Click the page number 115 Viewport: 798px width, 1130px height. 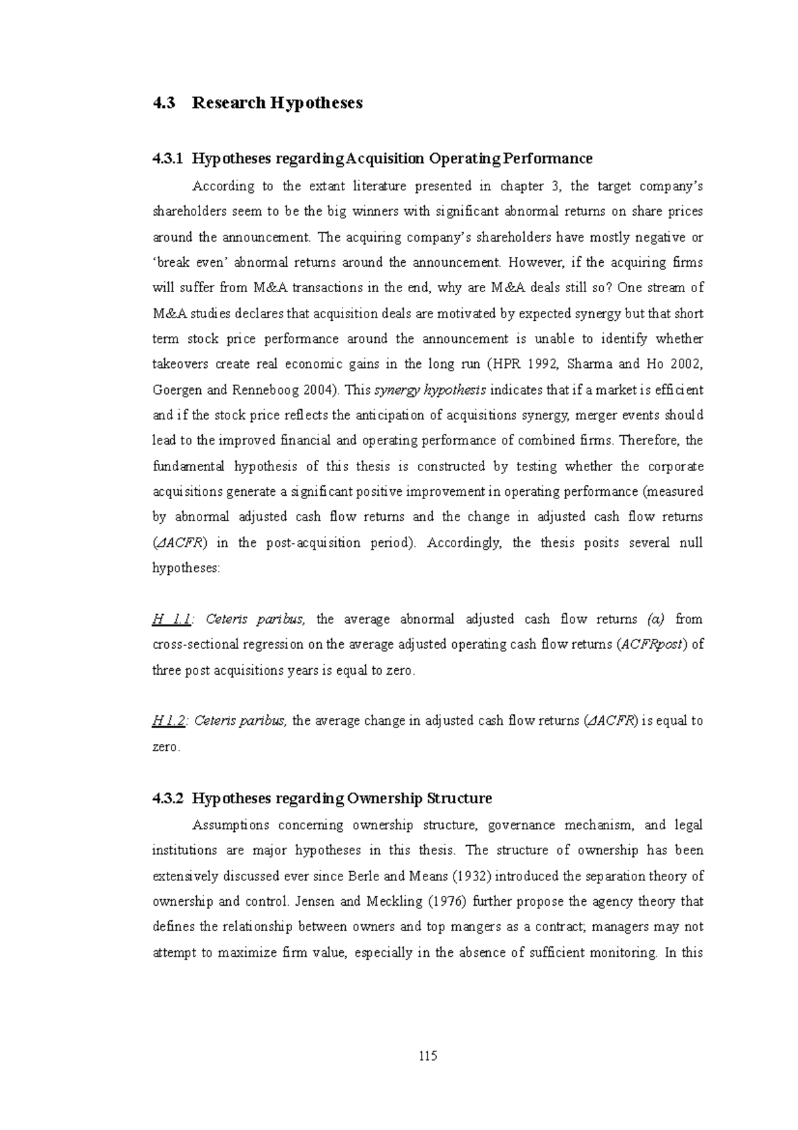tap(428, 1055)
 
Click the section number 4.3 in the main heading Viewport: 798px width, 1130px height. tap(164, 103)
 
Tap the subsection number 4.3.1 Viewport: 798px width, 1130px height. tap(167, 159)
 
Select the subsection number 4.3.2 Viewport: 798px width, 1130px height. tap(167, 799)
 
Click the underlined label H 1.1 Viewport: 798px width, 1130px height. tap(172, 620)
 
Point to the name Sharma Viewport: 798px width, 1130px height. tap(584, 365)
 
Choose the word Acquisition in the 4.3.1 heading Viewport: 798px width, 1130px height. tap(386, 159)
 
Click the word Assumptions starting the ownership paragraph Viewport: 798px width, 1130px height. tap(231, 825)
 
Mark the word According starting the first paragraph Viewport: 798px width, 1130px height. tap(223, 186)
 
